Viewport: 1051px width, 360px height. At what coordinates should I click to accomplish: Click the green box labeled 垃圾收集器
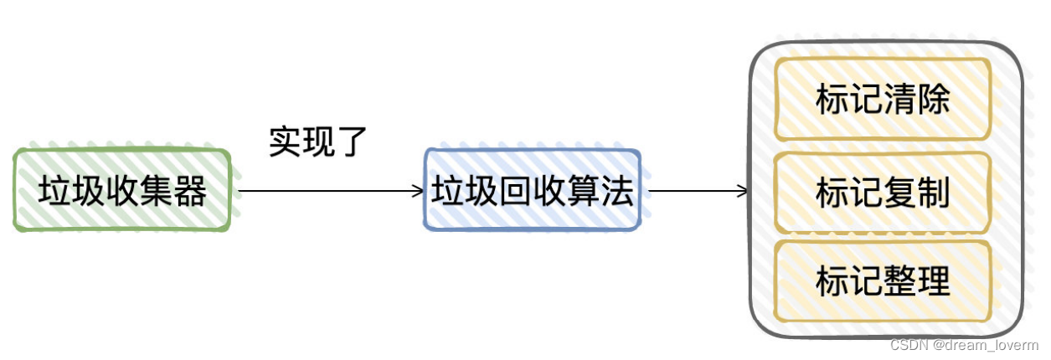pyautogui.click(x=122, y=191)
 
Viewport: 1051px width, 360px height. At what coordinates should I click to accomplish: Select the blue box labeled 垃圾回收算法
pyautogui.click(x=533, y=190)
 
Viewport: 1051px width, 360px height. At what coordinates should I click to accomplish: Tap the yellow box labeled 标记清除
pyautogui.click(x=883, y=99)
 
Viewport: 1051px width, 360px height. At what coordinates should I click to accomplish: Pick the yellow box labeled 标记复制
pyautogui.click(x=883, y=193)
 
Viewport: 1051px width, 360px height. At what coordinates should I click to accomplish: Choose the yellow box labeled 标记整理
pyautogui.click(x=883, y=281)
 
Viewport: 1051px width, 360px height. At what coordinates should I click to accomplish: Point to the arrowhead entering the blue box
pyautogui.click(x=419, y=191)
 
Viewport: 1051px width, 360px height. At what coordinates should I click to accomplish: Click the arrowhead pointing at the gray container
pyautogui.click(x=743, y=191)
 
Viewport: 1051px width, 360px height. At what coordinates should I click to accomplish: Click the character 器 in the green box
pyautogui.click(x=190, y=192)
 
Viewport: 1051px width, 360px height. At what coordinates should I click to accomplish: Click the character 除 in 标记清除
pyautogui.click(x=934, y=100)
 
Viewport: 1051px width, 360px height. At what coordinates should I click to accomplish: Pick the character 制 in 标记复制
pyautogui.click(x=934, y=193)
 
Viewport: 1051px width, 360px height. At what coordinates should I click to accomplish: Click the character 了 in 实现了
pyautogui.click(x=353, y=141)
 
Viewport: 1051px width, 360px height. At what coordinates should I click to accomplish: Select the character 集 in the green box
pyautogui.click(x=157, y=192)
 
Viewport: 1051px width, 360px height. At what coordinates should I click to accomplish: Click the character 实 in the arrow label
pyautogui.click(x=286, y=141)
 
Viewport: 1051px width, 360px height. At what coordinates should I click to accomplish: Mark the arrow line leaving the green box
pyautogui.click(x=327, y=191)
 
